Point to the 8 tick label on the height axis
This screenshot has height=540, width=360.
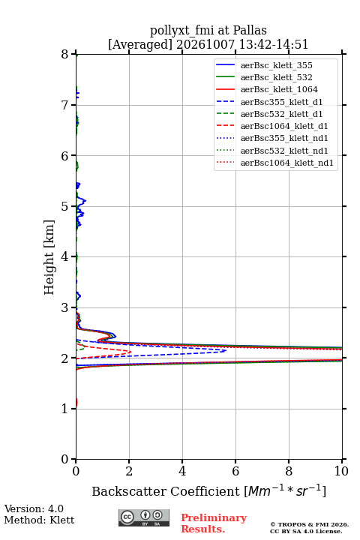(65, 55)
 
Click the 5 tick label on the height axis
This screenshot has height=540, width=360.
(65, 206)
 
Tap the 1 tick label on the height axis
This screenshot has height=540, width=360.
(65, 409)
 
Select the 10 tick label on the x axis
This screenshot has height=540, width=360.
(341, 471)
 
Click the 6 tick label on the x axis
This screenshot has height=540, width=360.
(235, 471)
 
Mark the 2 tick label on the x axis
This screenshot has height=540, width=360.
(129, 471)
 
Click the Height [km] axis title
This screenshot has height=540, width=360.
(49, 257)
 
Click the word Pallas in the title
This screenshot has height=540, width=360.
(250, 30)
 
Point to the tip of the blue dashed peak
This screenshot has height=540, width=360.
(226, 350)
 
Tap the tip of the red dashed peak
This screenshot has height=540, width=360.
(130, 352)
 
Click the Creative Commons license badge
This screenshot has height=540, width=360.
(144, 517)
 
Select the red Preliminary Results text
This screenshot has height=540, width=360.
(214, 523)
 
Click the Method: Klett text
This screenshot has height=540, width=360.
(39, 520)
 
